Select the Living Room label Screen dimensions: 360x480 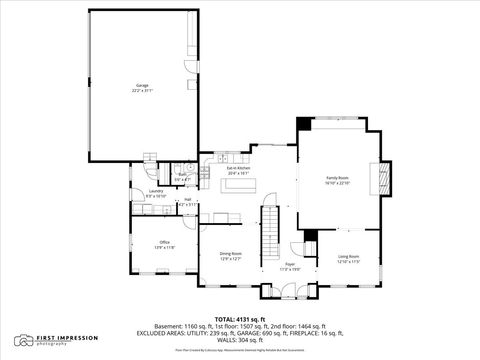tap(347, 257)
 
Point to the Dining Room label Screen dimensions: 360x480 tap(231, 254)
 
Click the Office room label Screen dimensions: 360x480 tap(164, 242)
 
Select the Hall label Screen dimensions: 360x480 tap(186, 200)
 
